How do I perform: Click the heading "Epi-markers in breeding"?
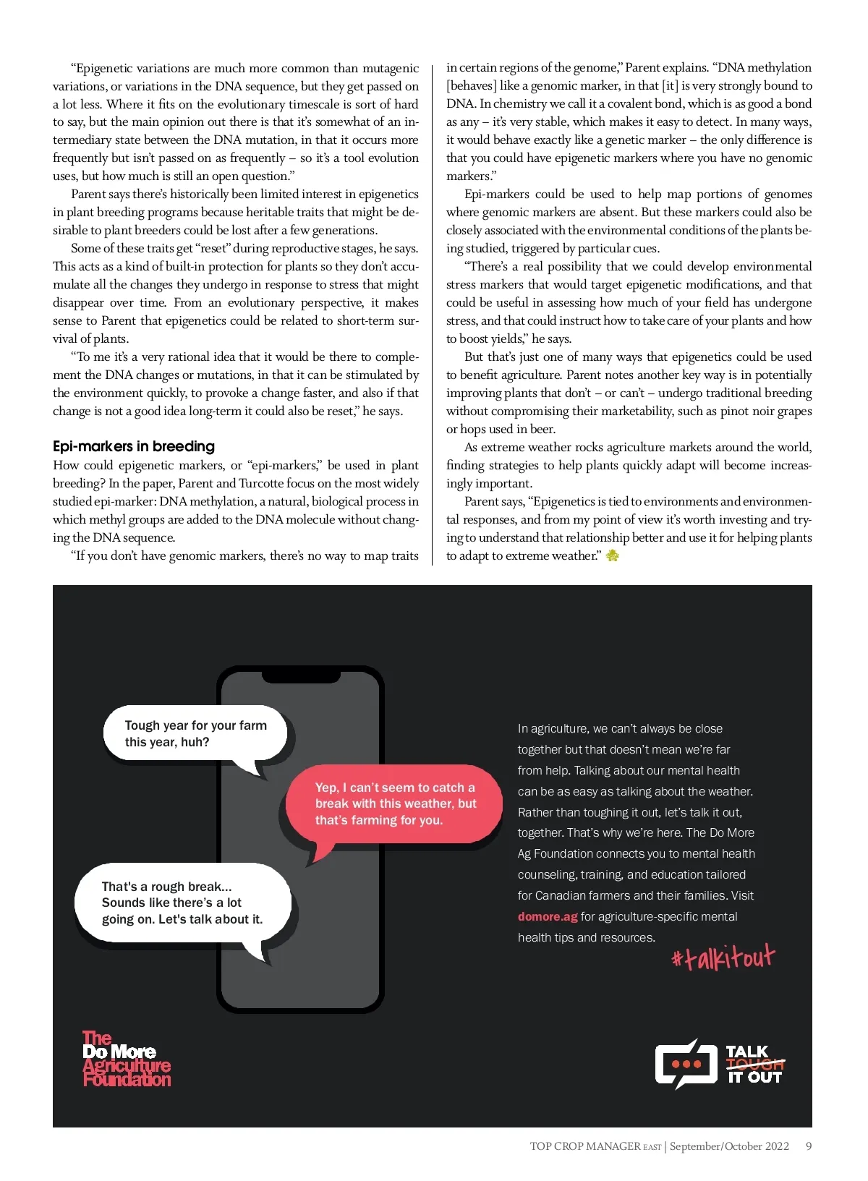point(134,446)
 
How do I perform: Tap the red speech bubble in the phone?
point(394,804)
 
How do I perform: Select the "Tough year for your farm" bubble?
point(195,733)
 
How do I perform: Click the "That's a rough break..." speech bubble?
point(182,903)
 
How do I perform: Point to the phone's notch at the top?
point(301,676)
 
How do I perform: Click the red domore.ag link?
point(548,916)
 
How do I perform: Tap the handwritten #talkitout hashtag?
point(723,958)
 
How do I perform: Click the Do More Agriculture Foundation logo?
point(127,1059)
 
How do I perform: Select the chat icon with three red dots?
point(686,1064)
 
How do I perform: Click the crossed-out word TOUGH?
point(755,1064)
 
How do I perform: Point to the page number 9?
point(809,1146)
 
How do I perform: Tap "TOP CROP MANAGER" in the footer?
point(585,1146)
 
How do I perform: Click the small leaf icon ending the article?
point(613,555)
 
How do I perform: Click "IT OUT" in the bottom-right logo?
point(754,1078)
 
